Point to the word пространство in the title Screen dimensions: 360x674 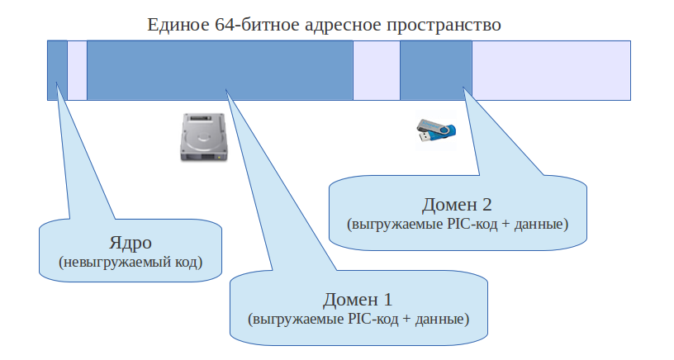tap(443, 24)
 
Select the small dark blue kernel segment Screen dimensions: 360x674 tap(57, 69)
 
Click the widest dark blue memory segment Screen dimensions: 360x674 tap(220, 69)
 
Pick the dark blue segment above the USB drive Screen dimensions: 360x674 tap(435, 69)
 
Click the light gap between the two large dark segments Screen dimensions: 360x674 tap(377, 69)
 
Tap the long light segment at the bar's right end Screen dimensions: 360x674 tap(552, 69)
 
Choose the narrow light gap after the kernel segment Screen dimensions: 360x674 tap(77, 69)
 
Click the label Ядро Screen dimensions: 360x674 tap(131, 244)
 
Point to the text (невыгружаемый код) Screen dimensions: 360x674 tap(131, 263)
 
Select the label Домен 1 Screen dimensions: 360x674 tap(358, 299)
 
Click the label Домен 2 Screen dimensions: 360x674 tap(458, 205)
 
